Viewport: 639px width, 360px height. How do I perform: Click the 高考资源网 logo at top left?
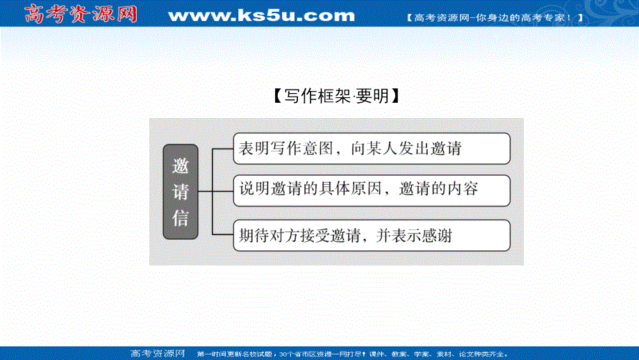tap(81, 14)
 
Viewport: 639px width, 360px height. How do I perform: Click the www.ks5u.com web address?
tap(261, 15)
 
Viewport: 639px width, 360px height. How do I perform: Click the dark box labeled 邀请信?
tap(181, 192)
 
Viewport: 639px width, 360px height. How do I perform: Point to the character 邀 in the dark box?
tap(181, 167)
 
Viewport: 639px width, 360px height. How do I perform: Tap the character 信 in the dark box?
tap(181, 218)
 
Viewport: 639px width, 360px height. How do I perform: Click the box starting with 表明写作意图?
tap(371, 148)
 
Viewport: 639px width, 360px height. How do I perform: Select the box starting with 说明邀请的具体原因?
tap(371, 190)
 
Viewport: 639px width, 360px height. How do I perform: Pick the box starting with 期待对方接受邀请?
tap(371, 236)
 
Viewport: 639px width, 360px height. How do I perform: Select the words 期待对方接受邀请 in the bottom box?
tap(299, 236)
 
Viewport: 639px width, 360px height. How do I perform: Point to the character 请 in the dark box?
tap(181, 193)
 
